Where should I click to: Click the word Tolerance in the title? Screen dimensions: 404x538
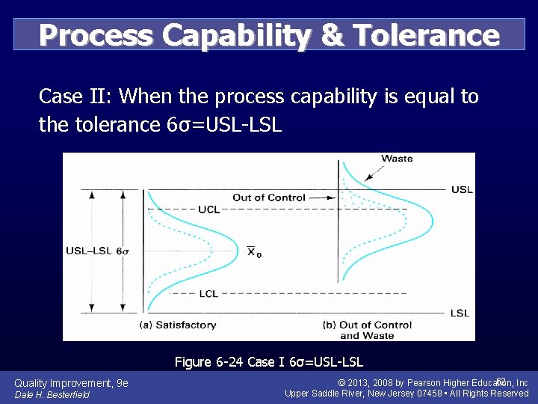click(x=426, y=35)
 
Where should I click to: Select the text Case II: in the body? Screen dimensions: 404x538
click(x=75, y=97)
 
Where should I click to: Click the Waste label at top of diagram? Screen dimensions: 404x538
click(x=397, y=159)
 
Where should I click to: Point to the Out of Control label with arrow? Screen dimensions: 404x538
click(x=269, y=198)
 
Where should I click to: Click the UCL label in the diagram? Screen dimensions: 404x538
click(x=209, y=210)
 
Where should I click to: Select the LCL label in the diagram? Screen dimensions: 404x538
click(x=209, y=294)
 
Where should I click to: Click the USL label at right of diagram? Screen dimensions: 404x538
click(x=461, y=189)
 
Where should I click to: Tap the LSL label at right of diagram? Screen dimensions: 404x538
click(x=460, y=313)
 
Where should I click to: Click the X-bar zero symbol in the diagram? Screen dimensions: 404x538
click(x=254, y=252)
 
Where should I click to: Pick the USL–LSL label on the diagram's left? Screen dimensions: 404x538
click(x=89, y=251)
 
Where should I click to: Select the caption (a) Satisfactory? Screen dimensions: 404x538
click(x=178, y=325)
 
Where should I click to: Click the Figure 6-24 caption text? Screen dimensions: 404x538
click(x=269, y=362)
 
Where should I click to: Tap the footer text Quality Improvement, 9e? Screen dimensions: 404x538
click(x=71, y=383)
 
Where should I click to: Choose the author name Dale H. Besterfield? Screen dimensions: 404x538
click(x=52, y=394)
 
